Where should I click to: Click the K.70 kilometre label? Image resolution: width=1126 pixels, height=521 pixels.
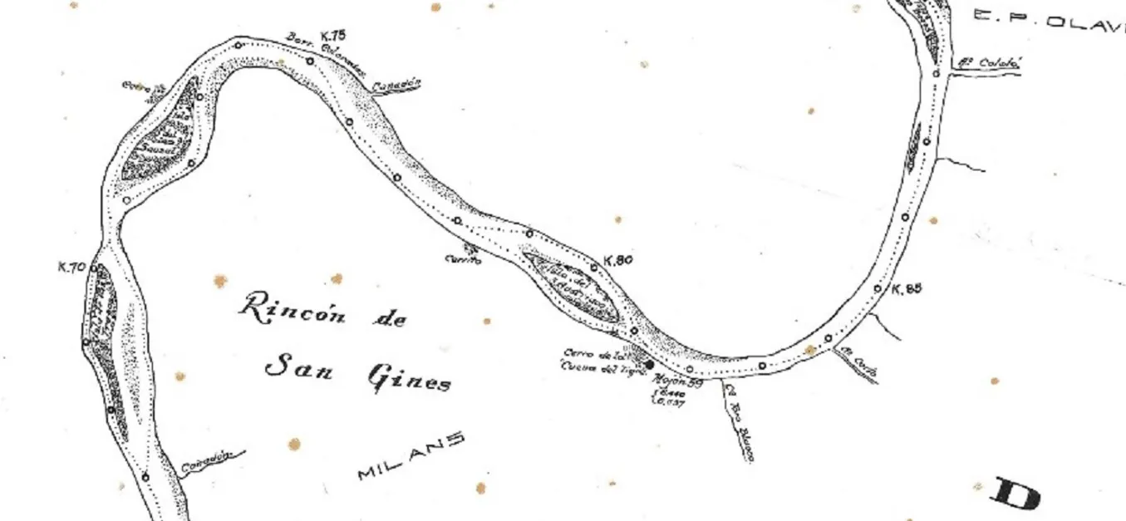tap(72, 268)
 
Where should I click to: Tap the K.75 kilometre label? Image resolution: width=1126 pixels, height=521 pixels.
tap(332, 35)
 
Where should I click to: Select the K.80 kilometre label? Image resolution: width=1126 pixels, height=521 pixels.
tap(619, 260)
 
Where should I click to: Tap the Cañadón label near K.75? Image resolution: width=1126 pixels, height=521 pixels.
tap(397, 86)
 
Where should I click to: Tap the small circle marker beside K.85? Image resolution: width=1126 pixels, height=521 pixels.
tap(878, 289)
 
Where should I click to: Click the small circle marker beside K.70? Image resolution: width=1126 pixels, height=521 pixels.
tap(94, 268)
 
